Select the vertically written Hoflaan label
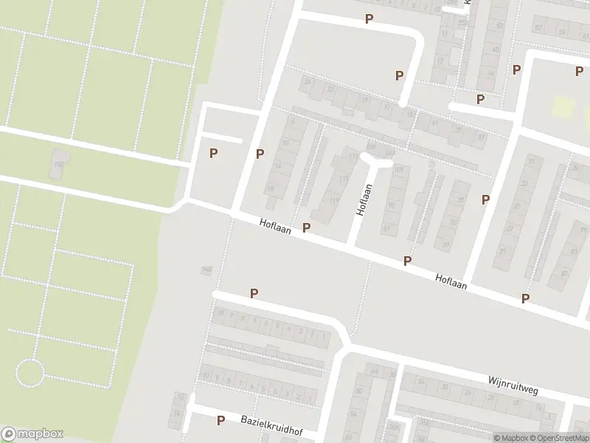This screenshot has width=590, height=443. click(x=361, y=200)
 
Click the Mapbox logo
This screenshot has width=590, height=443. click(x=32, y=434)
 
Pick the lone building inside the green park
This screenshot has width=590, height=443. click(x=57, y=163)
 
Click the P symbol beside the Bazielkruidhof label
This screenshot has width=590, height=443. click(x=221, y=420)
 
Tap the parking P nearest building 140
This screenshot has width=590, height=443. click(x=254, y=293)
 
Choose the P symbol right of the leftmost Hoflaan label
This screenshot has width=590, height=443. click(x=306, y=227)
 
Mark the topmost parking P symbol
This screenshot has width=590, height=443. click(x=369, y=18)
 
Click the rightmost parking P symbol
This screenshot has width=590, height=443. click(x=580, y=70)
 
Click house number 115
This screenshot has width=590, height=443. click(x=343, y=179)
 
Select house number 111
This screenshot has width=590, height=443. click(x=353, y=157)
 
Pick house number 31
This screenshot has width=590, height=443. click(x=445, y=244)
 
